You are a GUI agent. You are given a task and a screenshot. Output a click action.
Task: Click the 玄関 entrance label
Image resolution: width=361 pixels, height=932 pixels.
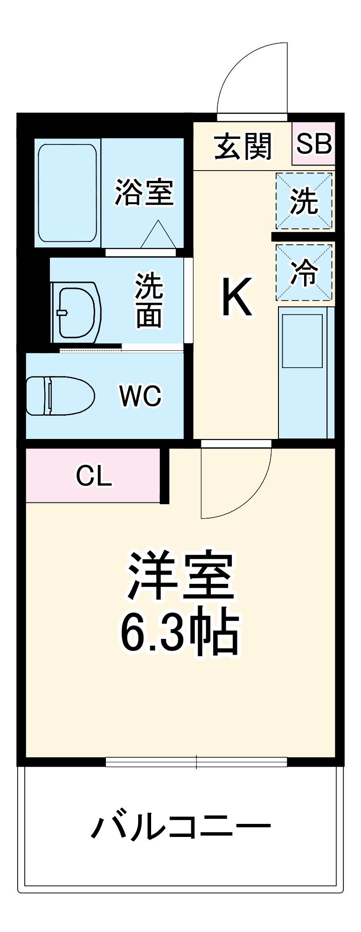(243, 146)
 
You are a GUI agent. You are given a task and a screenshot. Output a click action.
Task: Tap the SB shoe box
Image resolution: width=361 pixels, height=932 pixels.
(314, 144)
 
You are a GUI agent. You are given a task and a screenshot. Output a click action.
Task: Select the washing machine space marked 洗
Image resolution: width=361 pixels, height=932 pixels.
(304, 201)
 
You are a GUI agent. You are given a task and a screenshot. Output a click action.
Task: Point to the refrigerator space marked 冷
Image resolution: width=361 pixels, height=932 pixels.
(304, 273)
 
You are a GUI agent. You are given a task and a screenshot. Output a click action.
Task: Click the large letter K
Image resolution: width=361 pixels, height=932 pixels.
(237, 297)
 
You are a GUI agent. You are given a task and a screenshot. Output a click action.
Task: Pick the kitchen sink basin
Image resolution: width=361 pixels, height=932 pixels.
(302, 341)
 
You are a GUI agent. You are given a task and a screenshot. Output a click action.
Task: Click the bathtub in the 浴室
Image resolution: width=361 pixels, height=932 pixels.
(68, 193)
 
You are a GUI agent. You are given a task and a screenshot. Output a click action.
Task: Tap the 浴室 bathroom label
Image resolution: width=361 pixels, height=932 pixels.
(144, 192)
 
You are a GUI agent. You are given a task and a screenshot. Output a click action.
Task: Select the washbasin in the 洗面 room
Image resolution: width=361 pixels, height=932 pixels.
(77, 310)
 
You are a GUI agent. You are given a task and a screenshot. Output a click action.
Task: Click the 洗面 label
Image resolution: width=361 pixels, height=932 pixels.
(149, 301)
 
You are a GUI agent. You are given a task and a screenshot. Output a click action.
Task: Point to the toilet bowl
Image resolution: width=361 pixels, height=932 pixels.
(60, 396)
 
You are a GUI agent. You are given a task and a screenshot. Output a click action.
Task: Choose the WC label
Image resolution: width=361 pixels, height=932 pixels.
(140, 396)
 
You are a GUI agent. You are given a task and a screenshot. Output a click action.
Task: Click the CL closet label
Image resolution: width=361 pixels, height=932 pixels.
(94, 476)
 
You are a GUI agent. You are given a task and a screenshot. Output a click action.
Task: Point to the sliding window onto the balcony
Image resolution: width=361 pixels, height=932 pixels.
(196, 762)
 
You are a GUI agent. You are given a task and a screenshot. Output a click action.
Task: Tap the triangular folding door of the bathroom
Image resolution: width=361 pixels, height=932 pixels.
(158, 235)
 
